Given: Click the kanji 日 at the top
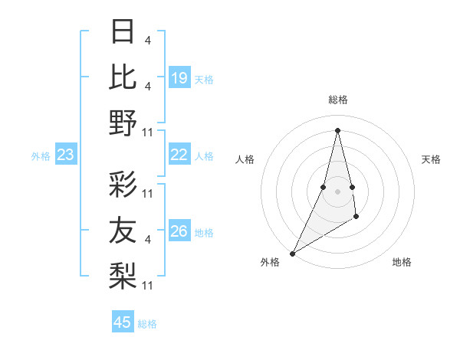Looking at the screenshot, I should pyautogui.click(x=123, y=32).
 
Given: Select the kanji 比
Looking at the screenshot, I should pyautogui.click(x=123, y=77).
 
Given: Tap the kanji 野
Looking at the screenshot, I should pyautogui.click(x=123, y=122).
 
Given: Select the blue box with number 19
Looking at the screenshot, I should pyautogui.click(x=179, y=77).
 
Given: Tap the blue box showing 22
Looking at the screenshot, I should pyautogui.click(x=179, y=155).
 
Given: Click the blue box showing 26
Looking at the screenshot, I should pyautogui.click(x=179, y=231).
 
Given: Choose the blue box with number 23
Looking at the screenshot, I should pyautogui.click(x=66, y=155).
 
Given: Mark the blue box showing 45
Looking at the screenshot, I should pyautogui.click(x=123, y=322).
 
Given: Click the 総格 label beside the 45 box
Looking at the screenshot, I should pyautogui.click(x=147, y=324).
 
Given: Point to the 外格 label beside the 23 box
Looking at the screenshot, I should pyautogui.click(x=41, y=156).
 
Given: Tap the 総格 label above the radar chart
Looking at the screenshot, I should pyautogui.click(x=337, y=100).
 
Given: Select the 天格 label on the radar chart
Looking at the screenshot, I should pyautogui.click(x=431, y=159).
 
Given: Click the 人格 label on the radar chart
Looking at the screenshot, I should pyautogui.click(x=245, y=159).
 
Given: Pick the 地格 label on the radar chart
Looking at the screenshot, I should pyautogui.click(x=402, y=262).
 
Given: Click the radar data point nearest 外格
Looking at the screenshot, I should pyautogui.click(x=292, y=253).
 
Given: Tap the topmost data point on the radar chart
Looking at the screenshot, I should pyautogui.click(x=337, y=129).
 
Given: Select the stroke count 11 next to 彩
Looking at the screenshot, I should pyautogui.click(x=149, y=194).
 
